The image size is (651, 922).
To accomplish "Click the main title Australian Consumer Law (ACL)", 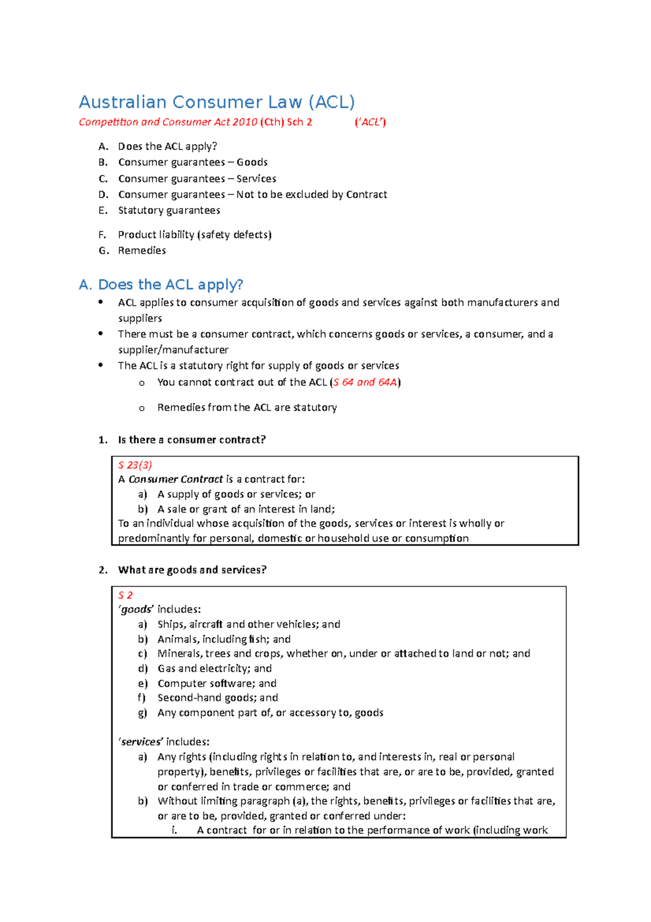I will pos(216,102).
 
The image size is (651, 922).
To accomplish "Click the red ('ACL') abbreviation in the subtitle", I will pos(370,122).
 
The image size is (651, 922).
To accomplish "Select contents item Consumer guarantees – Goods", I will pos(193,162).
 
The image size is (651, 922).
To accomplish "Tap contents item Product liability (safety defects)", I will pos(194,235).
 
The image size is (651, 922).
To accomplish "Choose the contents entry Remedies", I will pos(142,250).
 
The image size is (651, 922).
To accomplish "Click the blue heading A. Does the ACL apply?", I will pos(161,285).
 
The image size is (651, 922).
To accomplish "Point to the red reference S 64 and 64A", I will pos(365,382).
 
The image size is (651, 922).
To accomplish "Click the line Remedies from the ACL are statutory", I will pos(247,407).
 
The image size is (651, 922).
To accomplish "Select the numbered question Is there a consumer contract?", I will pos(192,440).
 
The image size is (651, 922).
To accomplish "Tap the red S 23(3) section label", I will pos(135,465).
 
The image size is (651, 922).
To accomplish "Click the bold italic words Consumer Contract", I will pos(175,479).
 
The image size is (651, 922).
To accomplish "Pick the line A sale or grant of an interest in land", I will pos(246,509).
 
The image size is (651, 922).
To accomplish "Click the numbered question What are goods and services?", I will pos(192,570).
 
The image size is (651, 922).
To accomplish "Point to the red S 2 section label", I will pos(125,595).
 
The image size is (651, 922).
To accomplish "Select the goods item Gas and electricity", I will pos(214,668).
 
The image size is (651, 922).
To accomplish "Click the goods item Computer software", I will pos(216,684).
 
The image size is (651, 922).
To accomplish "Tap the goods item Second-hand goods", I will pos(218,698).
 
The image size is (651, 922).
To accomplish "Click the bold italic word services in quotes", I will pos(141,742).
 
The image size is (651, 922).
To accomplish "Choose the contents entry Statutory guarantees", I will pos(169,210).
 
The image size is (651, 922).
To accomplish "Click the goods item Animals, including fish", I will pos(224,639).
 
